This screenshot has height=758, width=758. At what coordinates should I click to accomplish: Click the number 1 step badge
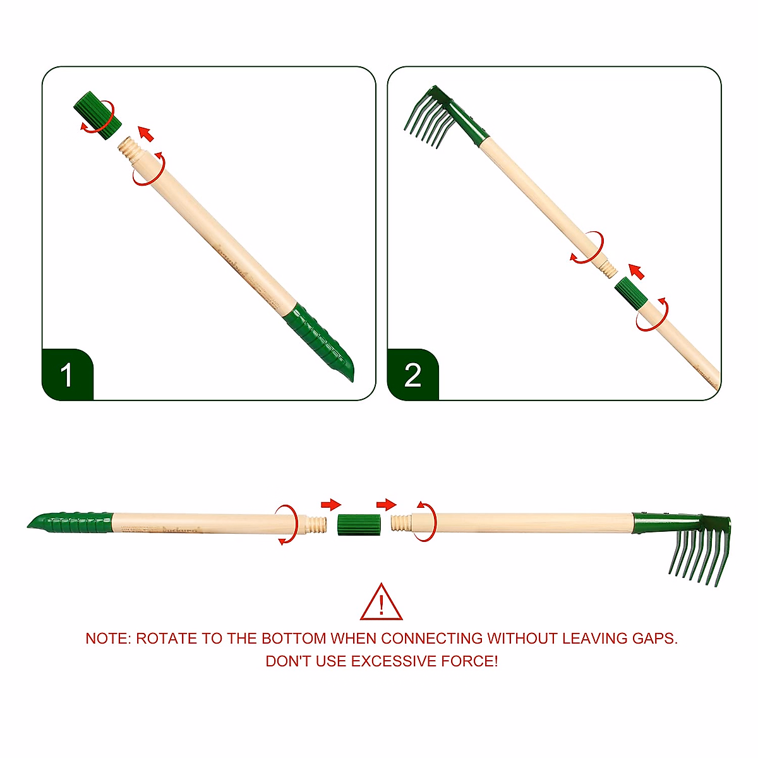point(67,375)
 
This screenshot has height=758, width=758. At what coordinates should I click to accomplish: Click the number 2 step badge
point(412,375)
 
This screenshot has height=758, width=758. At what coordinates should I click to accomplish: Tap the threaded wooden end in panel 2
point(607,268)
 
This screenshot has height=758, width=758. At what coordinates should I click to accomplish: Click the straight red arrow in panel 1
point(146,133)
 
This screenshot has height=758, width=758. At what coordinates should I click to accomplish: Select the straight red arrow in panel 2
point(637,272)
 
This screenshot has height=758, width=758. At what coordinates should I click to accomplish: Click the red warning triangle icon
point(381,603)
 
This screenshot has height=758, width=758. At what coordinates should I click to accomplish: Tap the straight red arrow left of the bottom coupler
point(330,505)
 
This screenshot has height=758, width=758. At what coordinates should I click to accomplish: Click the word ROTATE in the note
point(166,639)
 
